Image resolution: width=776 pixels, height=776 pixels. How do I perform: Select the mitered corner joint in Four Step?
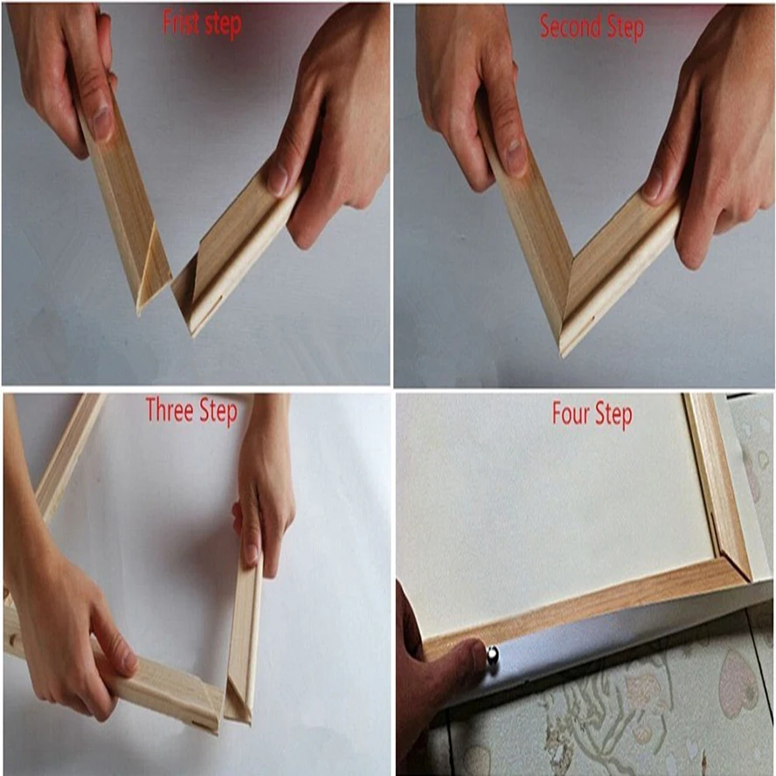point(732,559)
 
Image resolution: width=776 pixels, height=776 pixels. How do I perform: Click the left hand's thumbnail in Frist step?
point(102,123)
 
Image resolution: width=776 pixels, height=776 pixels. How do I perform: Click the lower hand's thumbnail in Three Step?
point(128,662)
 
